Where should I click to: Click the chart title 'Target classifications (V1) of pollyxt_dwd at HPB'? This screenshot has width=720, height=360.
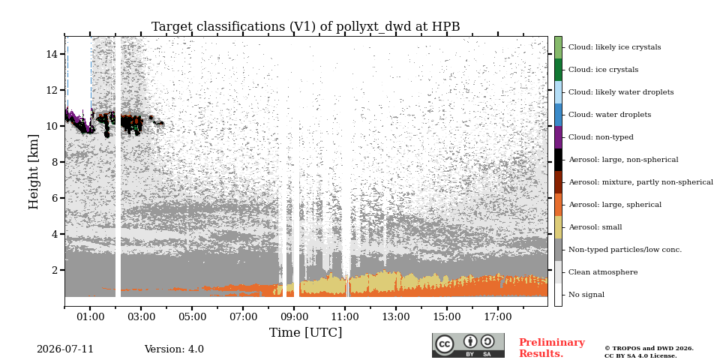(306, 27)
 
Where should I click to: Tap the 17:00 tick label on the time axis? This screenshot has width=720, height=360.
(498, 316)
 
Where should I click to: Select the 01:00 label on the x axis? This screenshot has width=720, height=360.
(90, 316)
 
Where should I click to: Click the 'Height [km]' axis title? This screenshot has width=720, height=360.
(34, 172)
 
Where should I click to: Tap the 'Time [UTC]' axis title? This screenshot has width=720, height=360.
(306, 332)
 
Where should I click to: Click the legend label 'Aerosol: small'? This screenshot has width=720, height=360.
(595, 227)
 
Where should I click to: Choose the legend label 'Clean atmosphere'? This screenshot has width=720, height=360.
(603, 272)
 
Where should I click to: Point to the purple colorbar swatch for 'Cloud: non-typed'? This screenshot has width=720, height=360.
(558, 137)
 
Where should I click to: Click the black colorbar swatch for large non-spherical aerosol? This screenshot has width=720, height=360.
(558, 160)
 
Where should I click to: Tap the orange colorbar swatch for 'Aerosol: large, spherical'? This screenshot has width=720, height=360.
(558, 205)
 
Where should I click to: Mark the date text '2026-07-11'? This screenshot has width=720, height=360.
(65, 349)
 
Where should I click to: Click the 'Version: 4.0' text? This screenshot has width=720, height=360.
(174, 349)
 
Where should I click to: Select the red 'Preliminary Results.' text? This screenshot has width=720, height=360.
(552, 348)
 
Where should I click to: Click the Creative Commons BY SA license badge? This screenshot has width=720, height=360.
(468, 345)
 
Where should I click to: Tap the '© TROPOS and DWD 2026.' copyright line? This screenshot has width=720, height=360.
(649, 349)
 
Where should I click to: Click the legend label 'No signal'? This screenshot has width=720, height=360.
(586, 295)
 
